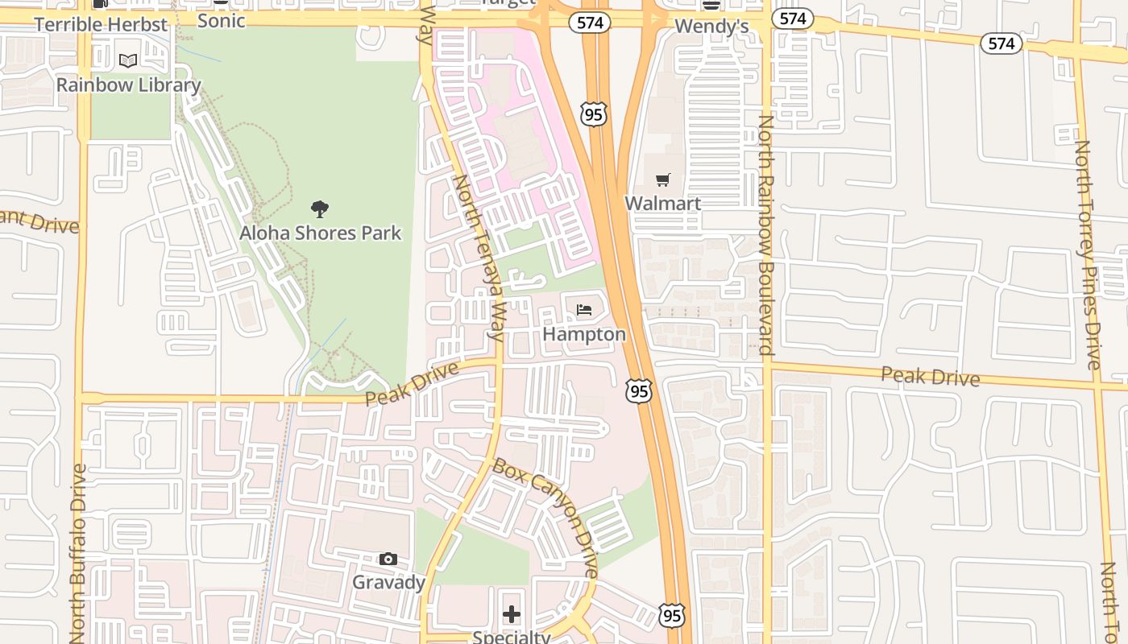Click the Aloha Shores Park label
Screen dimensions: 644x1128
click(x=320, y=233)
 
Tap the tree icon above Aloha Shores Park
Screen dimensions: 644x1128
click(x=320, y=209)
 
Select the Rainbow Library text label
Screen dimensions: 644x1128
click(x=128, y=85)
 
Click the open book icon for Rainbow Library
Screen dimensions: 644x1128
click(x=128, y=60)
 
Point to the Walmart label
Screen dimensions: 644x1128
click(x=662, y=203)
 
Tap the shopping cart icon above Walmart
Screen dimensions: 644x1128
click(x=662, y=180)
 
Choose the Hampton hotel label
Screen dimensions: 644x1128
click(x=584, y=333)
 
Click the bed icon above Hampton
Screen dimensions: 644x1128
click(x=584, y=310)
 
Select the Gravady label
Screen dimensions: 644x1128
click(x=388, y=582)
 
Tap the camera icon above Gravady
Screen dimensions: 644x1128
click(x=388, y=559)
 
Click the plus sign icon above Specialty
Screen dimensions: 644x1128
click(x=512, y=616)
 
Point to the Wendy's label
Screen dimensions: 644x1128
click(x=711, y=27)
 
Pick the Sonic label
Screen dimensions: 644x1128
click(x=221, y=21)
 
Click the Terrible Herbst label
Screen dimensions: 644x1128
click(x=101, y=24)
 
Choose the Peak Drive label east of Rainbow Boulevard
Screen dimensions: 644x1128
click(x=930, y=376)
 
